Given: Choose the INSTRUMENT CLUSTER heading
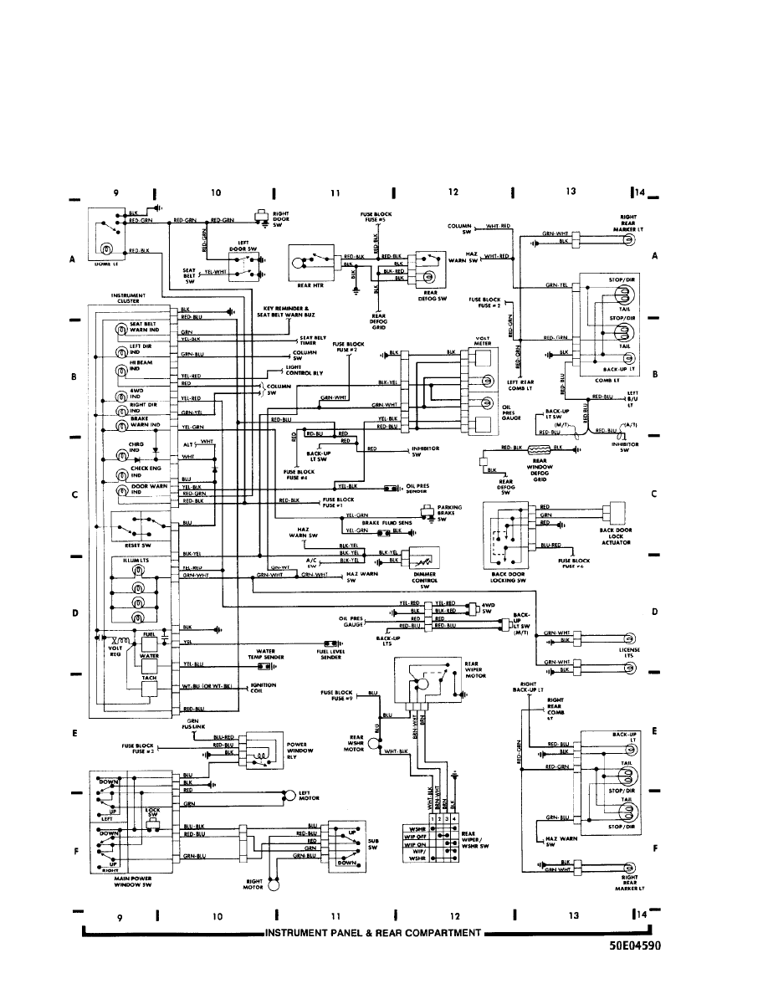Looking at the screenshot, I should tap(128, 297).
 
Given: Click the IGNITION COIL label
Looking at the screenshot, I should tap(262, 688).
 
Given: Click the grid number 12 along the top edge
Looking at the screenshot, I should tap(453, 192).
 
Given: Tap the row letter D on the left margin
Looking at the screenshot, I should tap(75, 613).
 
